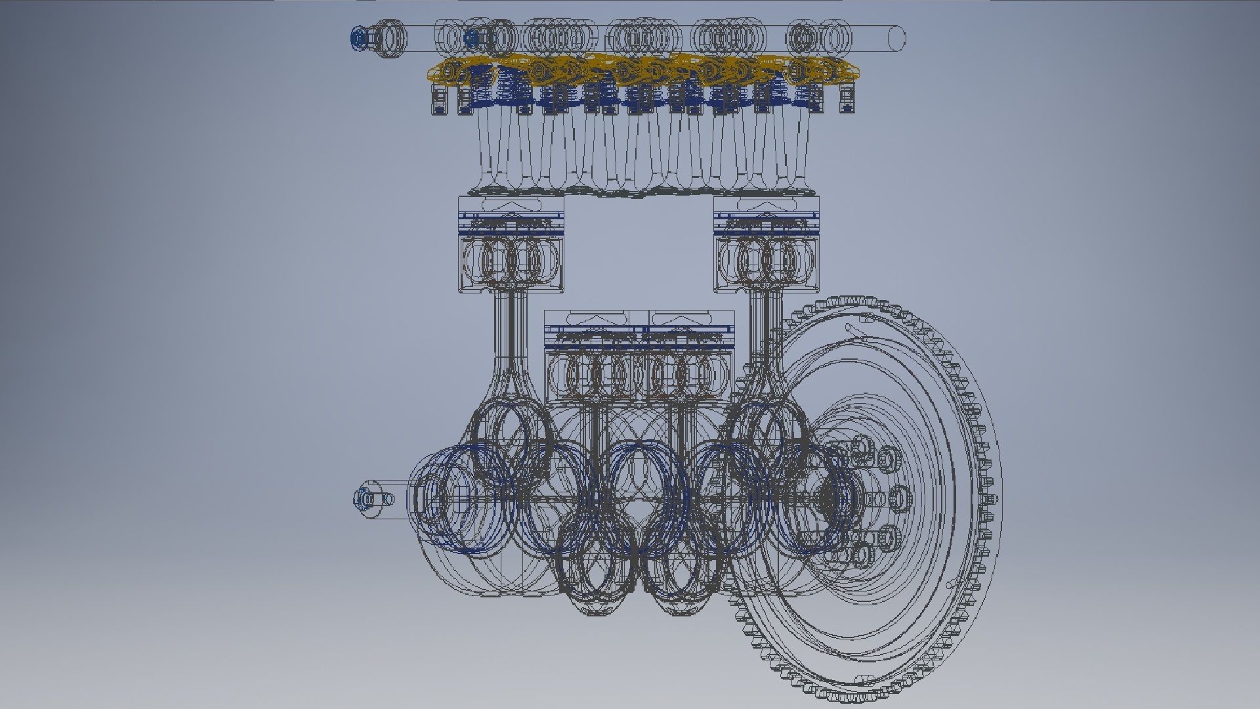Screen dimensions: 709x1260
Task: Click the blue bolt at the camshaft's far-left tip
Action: click(358, 39)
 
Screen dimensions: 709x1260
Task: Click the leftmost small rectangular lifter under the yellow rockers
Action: click(438, 100)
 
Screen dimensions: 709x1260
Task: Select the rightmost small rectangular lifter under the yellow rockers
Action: click(847, 100)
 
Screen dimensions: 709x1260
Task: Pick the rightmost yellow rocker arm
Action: click(837, 70)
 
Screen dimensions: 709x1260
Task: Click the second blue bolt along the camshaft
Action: click(470, 39)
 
